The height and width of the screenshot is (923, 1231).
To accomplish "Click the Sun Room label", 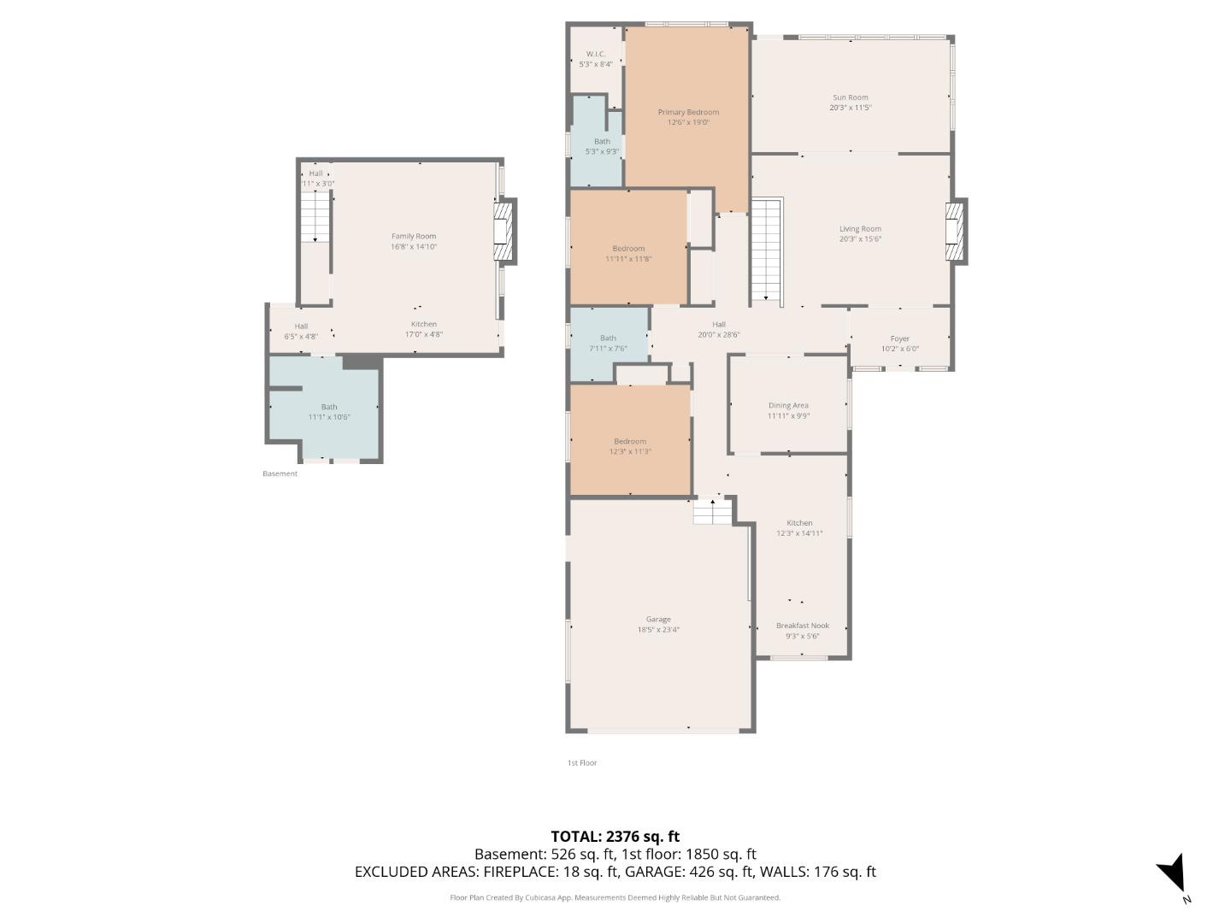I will (850, 97).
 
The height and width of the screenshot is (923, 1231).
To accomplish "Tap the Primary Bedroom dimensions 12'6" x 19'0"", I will (688, 123).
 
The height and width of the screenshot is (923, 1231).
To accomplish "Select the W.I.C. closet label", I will (596, 54).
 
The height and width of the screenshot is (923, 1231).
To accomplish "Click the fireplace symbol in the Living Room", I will (954, 232).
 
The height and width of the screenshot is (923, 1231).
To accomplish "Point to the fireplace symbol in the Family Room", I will (504, 231).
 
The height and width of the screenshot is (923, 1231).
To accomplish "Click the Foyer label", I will (899, 338).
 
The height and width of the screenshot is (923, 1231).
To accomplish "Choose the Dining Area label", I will (788, 406).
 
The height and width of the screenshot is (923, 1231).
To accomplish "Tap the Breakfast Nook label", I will (802, 626).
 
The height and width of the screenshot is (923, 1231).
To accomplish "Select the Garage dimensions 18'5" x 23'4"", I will (658, 630).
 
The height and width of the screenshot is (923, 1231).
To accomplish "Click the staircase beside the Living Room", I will (767, 250).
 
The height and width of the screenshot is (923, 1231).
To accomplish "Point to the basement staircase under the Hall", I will (315, 216).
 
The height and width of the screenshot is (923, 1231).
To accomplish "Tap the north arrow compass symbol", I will (1172, 874).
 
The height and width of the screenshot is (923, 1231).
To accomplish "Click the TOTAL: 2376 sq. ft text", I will (615, 837).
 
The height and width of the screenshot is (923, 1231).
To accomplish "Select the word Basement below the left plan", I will (280, 473).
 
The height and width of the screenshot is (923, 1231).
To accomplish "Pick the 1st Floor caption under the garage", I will (582, 762).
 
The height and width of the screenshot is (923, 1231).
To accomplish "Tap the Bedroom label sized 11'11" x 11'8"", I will (628, 249).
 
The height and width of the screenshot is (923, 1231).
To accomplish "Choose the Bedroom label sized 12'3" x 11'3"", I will (630, 442).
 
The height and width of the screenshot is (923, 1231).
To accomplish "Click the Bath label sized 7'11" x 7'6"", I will (608, 338).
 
